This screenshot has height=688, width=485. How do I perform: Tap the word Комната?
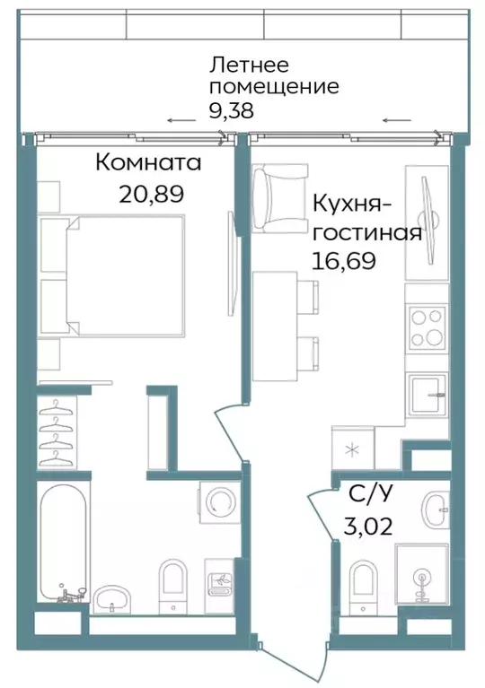148,163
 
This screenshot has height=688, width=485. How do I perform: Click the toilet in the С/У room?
364,579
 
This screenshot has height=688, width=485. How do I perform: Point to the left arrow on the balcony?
180,120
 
